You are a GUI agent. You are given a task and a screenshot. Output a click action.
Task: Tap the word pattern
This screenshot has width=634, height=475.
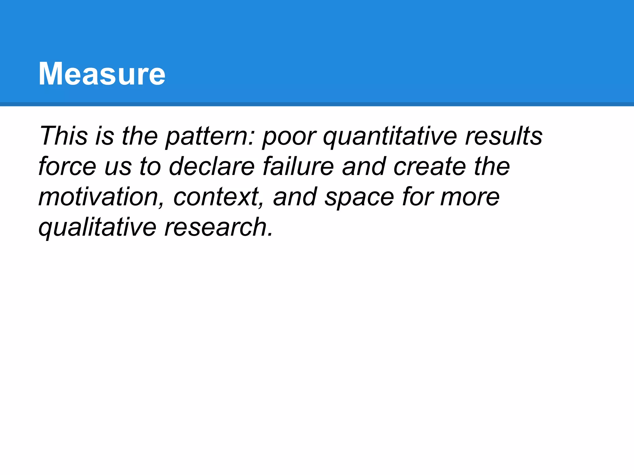208,136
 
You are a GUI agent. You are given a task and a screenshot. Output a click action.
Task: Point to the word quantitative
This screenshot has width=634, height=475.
390,136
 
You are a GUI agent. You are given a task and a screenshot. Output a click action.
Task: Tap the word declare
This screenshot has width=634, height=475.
212,166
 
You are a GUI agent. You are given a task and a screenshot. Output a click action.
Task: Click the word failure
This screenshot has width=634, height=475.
298,166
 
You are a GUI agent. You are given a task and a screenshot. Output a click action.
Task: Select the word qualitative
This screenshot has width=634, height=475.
97,227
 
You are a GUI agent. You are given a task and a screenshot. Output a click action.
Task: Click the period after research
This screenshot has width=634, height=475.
270,235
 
